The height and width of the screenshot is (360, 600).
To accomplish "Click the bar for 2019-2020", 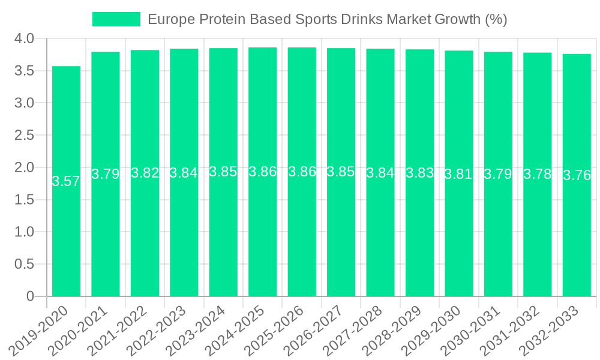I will [66, 228].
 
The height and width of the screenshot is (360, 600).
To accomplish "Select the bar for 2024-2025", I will [262, 228].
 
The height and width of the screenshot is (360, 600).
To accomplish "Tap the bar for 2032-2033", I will [577, 228].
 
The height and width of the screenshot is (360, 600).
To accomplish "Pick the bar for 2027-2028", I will [380, 228].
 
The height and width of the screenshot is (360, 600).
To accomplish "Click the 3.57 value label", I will [66, 182].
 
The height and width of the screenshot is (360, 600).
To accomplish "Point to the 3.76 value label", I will [577, 176].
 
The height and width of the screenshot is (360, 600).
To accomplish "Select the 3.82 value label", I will [145, 173].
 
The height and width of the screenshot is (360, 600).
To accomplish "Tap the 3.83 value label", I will [419, 173].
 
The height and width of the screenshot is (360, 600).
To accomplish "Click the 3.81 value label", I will [459, 174].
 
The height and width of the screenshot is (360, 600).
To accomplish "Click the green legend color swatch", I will [116, 19].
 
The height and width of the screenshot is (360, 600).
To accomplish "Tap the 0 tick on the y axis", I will [31, 296].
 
